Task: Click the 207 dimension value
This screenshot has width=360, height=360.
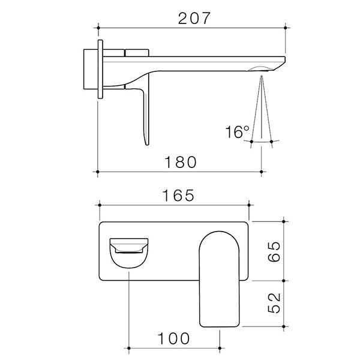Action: (x=194, y=18)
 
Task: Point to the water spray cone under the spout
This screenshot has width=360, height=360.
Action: (x=262, y=111)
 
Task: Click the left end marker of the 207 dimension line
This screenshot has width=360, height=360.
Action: (x=98, y=27)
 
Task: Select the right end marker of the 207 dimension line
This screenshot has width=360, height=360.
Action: (x=286, y=27)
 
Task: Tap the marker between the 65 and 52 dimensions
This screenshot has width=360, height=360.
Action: (x=286, y=280)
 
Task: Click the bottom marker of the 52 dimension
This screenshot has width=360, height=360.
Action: (x=286, y=327)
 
